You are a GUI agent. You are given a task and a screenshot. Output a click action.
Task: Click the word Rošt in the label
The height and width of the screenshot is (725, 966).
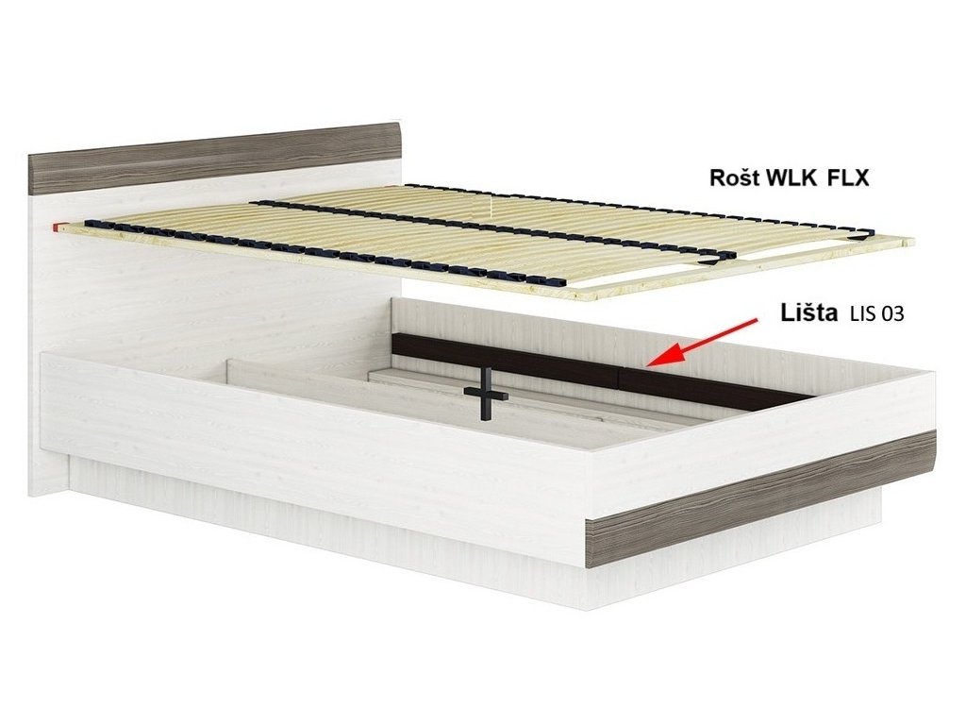click(x=732, y=177)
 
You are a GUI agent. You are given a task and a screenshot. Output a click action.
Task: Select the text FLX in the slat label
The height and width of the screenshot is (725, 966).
click(x=848, y=177)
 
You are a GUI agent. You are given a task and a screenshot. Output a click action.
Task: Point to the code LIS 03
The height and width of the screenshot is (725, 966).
click(x=877, y=315)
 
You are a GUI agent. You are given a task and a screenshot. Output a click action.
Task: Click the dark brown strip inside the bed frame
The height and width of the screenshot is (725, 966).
click(x=566, y=368)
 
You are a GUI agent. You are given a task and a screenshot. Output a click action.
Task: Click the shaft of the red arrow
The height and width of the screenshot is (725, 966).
click(x=717, y=335)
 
